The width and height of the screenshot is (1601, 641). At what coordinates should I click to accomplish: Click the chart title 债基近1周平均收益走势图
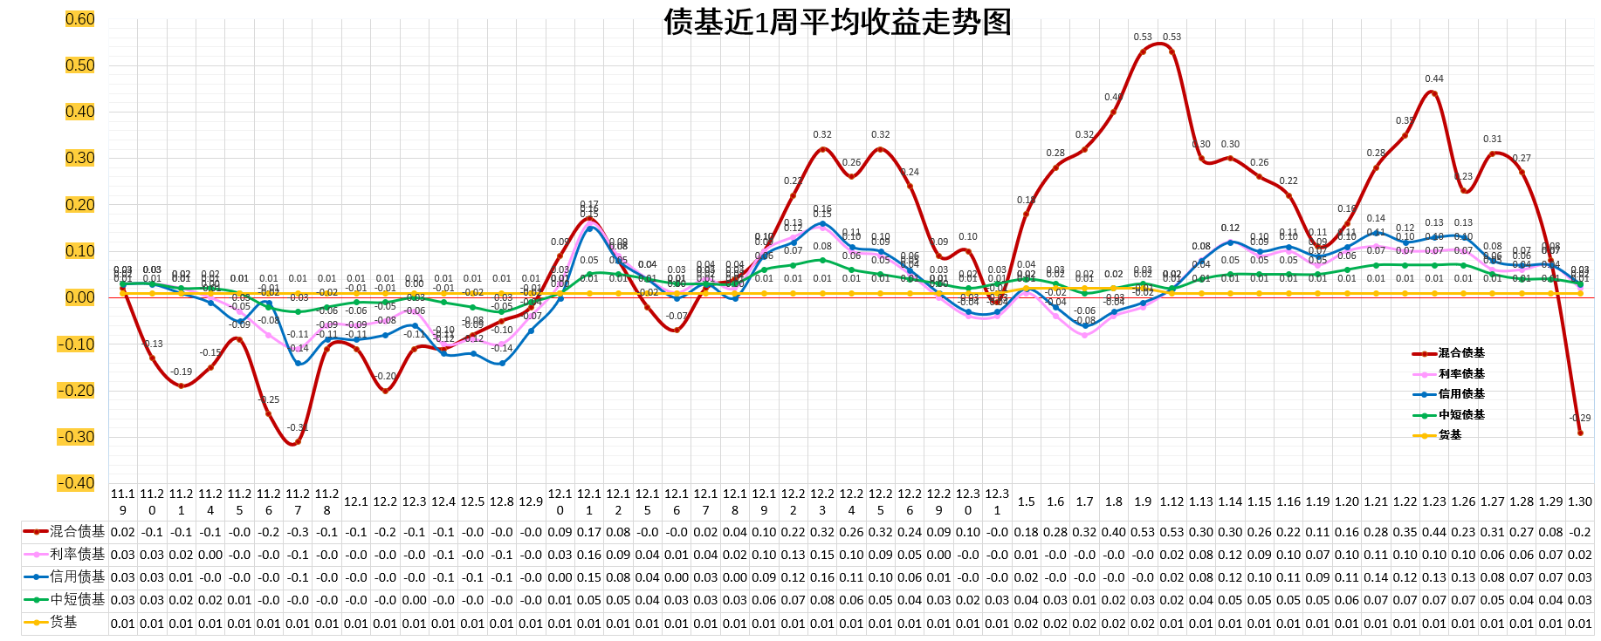point(837,22)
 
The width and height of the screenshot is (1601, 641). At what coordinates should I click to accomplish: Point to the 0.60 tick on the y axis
point(79,19)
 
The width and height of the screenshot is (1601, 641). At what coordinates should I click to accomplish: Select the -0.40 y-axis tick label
point(77,483)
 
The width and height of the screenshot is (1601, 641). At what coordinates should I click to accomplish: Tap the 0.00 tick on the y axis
point(79,297)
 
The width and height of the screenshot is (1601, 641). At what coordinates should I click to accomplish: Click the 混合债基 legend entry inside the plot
point(1460,353)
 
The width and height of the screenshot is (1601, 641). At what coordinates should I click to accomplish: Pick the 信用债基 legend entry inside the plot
point(1460,394)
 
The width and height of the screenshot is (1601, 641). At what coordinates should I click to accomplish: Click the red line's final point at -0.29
point(1580,433)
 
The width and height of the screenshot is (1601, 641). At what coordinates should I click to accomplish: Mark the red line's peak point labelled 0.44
point(1434,92)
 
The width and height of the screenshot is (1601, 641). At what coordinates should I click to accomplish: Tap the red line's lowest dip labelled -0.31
point(298,442)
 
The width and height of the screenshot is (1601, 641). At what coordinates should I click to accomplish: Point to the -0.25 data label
point(270,399)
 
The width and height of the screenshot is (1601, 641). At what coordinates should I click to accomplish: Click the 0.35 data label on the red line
point(1405,121)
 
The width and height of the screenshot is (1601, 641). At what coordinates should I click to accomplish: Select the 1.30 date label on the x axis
point(1580,501)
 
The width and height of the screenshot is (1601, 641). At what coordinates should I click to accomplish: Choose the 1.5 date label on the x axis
point(1026,501)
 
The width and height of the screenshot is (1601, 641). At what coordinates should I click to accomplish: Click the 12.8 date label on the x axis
point(501,501)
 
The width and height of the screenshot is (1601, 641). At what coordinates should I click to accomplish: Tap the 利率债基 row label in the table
point(77,554)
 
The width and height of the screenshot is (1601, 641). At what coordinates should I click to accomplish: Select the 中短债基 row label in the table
point(77,600)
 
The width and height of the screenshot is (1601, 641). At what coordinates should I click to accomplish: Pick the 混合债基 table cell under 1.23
point(1434,532)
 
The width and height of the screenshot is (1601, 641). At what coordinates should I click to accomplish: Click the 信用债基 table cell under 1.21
point(1376,577)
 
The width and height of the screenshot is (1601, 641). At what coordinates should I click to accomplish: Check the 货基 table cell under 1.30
point(1580,624)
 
